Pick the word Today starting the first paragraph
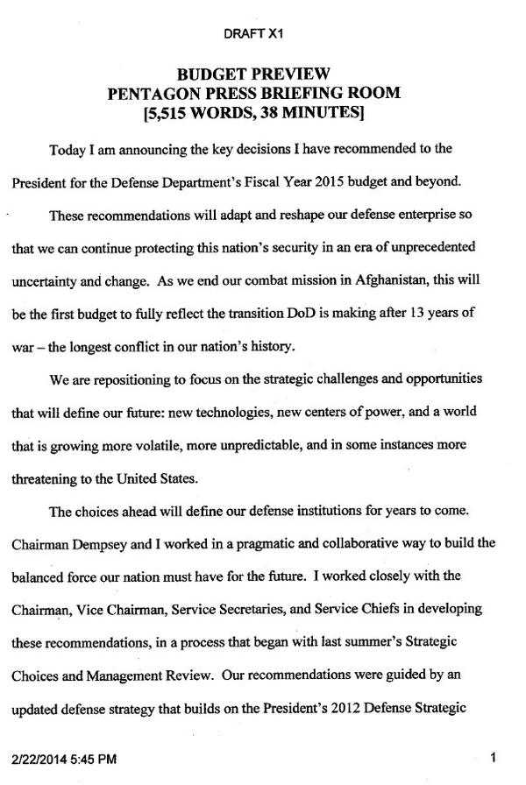click(x=68, y=150)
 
